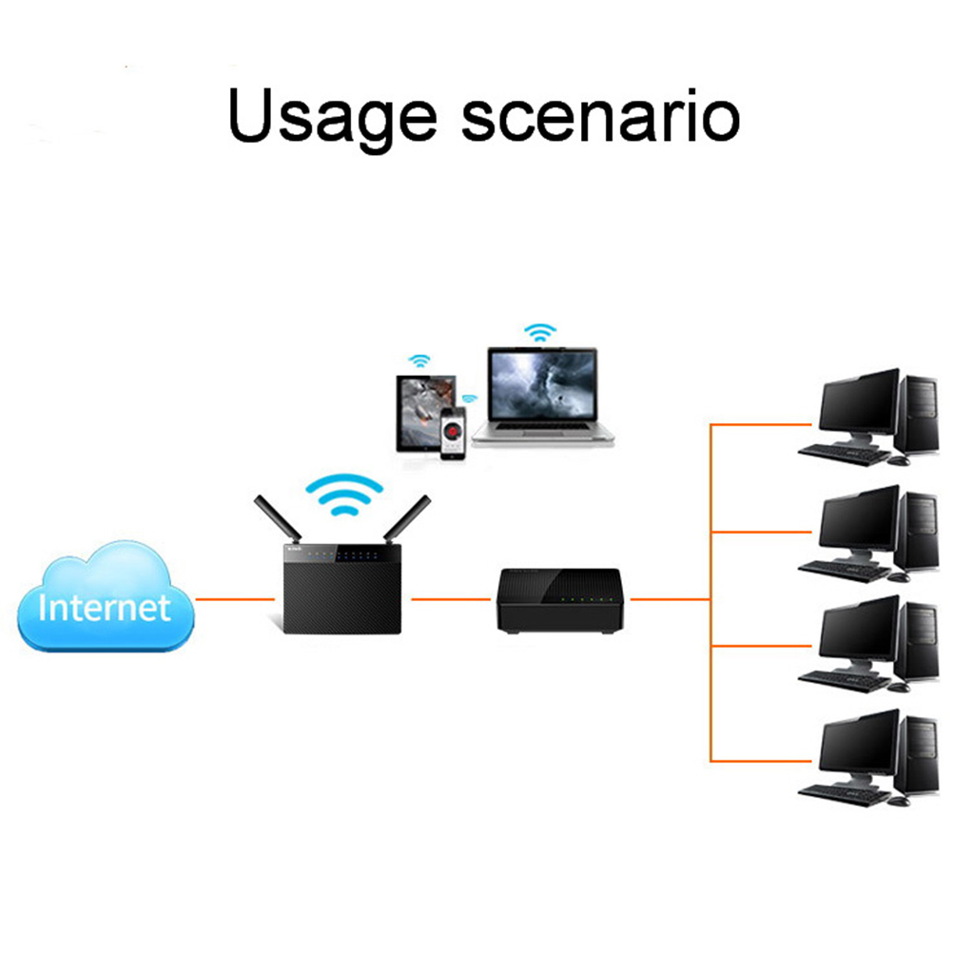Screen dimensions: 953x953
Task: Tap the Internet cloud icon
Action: coord(106,599)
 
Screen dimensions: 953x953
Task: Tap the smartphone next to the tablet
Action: coord(455,432)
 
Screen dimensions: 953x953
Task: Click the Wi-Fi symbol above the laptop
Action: coord(540,333)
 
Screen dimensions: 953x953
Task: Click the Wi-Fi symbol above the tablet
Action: coord(418,361)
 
